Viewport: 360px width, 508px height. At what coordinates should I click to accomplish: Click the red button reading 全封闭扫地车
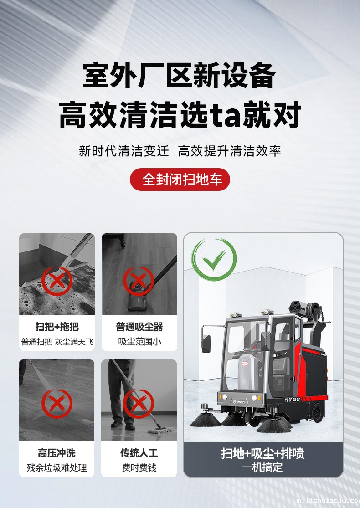[x=180, y=180]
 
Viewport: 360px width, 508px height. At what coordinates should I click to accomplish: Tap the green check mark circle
[x=214, y=260]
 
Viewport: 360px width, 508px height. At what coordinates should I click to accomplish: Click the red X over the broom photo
[x=57, y=281]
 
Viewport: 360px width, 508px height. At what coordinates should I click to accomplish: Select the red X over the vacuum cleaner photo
[x=139, y=281]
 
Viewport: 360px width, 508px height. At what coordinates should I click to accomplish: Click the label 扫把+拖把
[x=57, y=327]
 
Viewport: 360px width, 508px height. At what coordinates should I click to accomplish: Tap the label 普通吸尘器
[x=139, y=327]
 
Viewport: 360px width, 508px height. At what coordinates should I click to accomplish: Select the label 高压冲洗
[x=57, y=453]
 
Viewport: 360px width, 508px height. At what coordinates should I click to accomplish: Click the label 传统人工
[x=139, y=453]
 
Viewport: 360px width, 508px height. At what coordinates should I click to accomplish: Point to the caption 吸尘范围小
[x=139, y=342]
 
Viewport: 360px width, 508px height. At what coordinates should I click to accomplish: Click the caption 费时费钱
[x=139, y=468]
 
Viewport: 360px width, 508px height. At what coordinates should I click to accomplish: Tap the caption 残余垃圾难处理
[x=57, y=468]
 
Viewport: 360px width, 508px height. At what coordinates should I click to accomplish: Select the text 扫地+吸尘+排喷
[x=262, y=454]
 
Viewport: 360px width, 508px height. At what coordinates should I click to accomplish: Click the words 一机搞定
[x=262, y=467]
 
